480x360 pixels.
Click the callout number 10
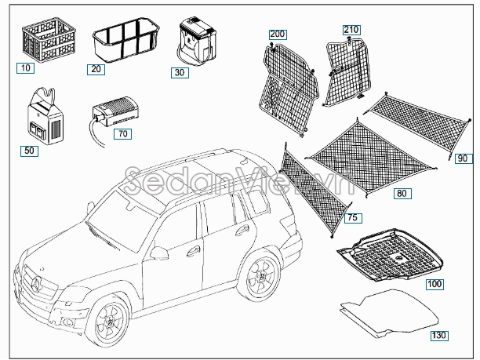(x=25, y=68)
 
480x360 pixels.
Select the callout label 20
(x=96, y=69)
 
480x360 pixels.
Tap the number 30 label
(x=180, y=73)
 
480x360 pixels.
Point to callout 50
(x=29, y=151)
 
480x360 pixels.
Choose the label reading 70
(x=123, y=134)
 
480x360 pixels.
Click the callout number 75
(x=353, y=218)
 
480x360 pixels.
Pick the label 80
(x=402, y=194)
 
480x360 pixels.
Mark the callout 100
(x=435, y=285)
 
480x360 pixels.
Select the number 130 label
(x=439, y=336)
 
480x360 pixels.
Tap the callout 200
(x=278, y=35)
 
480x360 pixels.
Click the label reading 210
(x=351, y=30)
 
